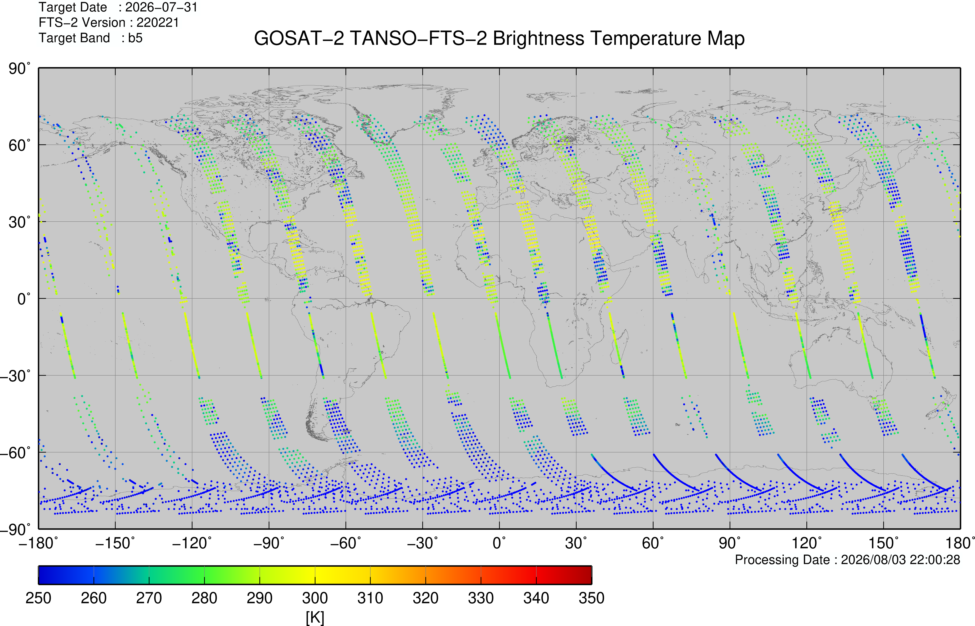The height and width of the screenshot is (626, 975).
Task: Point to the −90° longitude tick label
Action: (x=269, y=543)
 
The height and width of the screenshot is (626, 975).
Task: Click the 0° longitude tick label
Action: (x=499, y=543)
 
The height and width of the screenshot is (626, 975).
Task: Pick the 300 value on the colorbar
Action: (x=315, y=598)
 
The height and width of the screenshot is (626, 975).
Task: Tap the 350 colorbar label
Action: (x=592, y=598)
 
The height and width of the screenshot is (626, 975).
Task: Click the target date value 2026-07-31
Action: (x=161, y=7)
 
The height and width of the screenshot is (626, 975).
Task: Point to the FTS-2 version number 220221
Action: (x=158, y=22)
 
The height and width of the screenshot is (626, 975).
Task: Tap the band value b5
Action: (x=135, y=38)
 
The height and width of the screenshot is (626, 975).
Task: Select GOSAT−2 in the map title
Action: (x=298, y=39)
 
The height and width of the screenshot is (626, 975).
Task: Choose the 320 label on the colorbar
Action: (x=425, y=598)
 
